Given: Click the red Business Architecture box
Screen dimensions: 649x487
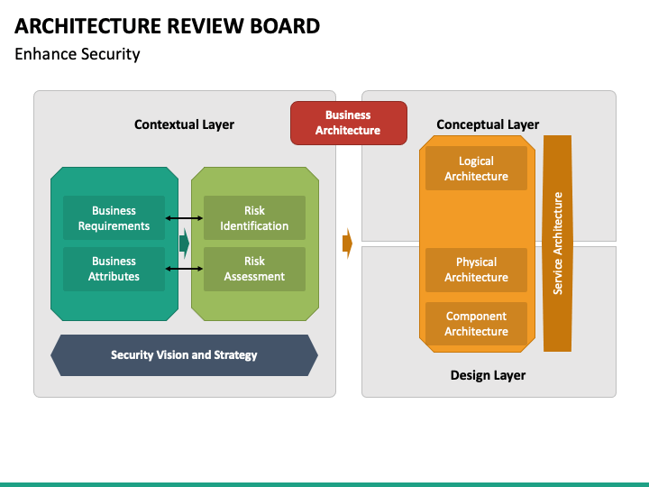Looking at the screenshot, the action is pos(349,123).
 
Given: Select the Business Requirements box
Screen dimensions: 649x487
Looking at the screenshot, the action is pos(114,218).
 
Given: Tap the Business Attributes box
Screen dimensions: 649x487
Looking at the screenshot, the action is pos(114,269).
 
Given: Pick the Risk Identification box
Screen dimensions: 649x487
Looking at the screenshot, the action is pos(254,218).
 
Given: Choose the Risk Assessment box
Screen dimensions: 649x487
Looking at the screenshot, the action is pos(254,269).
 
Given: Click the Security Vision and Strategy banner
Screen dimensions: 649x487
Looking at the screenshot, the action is pos(184,355).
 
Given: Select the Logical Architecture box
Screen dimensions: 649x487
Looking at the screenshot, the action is pos(477,168).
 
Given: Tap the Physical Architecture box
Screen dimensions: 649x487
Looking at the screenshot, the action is pos(477,270).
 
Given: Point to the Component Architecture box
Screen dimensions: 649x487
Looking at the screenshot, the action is pos(477,324).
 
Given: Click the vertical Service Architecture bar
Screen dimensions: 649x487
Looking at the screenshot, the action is pos(558,243).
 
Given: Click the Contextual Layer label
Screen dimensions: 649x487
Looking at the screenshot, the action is pos(184,124).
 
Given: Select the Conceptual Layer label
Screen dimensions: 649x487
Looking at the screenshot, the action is pos(488,124).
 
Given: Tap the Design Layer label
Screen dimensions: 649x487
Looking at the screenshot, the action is pos(488,375).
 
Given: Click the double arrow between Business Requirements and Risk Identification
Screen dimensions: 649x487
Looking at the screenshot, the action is pos(184,218).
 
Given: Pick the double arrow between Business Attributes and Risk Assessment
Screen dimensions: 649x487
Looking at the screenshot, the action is pos(184,269).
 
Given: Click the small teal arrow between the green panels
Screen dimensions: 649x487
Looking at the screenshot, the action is pos(185,243).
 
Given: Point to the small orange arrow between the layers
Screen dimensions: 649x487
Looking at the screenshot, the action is pos(348,243).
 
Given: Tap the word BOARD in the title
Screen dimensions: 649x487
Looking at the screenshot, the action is pos(285,25).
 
